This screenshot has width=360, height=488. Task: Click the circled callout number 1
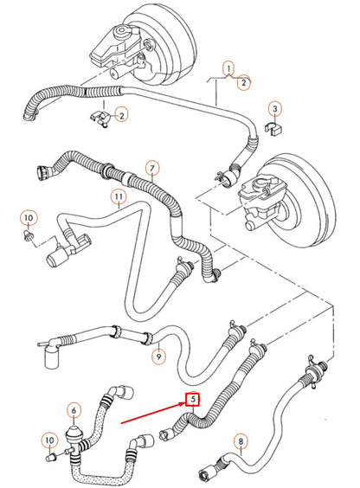tap(228, 67)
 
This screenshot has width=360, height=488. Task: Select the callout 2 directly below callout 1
tap(245, 83)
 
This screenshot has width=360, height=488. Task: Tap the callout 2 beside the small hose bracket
tap(121, 114)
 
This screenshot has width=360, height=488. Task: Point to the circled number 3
tap(274, 109)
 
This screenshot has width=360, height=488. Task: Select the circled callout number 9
tap(158, 354)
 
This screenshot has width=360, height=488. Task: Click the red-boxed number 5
tap(192, 400)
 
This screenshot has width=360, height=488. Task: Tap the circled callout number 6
tap(74, 410)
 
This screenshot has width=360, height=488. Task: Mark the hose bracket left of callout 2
tap(99, 118)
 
